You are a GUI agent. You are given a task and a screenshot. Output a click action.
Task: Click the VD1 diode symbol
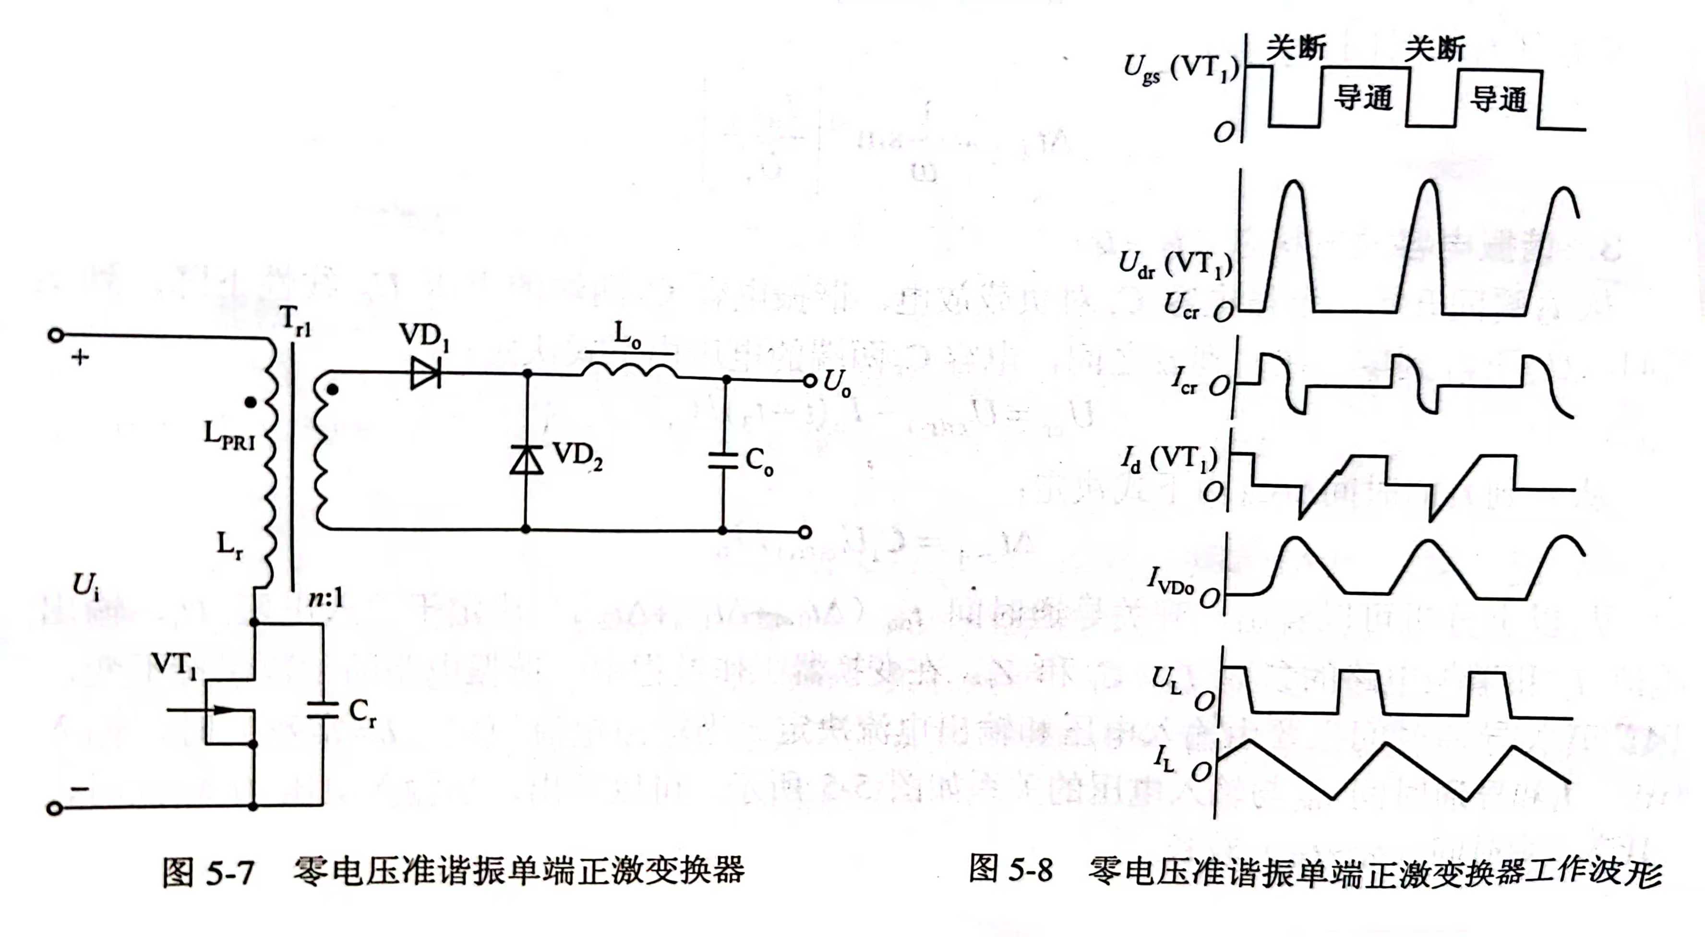coord(426,373)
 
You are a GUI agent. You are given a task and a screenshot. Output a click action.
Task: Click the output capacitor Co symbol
coord(723,460)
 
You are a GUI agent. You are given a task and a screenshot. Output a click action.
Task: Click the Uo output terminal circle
coord(809,381)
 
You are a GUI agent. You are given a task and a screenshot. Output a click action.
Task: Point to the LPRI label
coord(229,435)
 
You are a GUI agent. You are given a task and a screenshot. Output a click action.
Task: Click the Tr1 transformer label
coord(295,321)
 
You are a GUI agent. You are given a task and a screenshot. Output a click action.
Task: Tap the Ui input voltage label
coord(86,585)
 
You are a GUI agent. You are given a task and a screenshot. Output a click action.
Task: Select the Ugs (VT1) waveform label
coord(1181,69)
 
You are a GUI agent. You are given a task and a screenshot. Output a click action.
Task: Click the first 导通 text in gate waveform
coord(1363,98)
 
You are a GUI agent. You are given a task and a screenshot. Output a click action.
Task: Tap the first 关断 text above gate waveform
coord(1296,48)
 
